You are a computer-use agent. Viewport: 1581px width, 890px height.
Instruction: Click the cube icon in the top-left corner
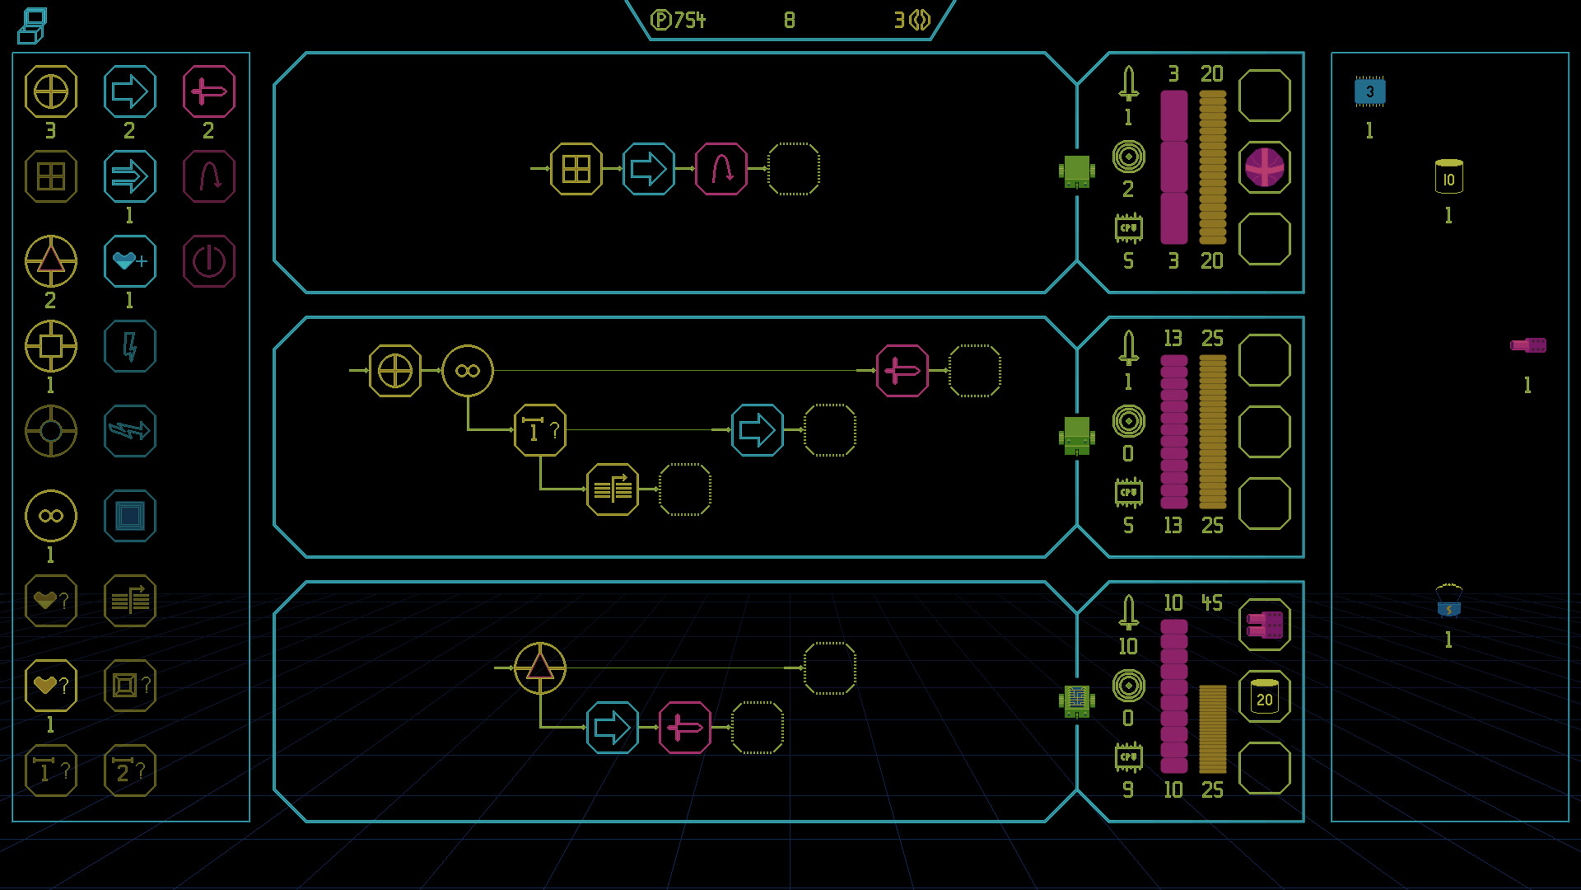(x=32, y=26)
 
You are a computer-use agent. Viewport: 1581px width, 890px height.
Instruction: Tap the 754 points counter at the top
(x=678, y=20)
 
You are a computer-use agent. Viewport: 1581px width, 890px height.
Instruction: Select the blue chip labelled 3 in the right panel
(x=1369, y=91)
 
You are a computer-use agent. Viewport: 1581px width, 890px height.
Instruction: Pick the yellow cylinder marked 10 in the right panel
(x=1448, y=176)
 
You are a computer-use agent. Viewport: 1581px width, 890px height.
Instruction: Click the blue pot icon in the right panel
(x=1448, y=601)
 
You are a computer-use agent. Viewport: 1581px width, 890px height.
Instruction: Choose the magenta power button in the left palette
(x=209, y=261)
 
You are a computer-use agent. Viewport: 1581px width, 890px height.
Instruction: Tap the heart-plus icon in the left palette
(x=130, y=261)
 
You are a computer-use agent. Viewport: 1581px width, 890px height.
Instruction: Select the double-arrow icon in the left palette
(x=130, y=176)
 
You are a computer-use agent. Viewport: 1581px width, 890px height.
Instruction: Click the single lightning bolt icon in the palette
(x=130, y=346)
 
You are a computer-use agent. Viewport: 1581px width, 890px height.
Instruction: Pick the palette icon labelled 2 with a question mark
(x=130, y=771)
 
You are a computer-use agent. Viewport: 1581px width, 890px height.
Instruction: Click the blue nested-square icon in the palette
(x=130, y=516)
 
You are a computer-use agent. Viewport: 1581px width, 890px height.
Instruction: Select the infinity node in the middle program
(x=468, y=371)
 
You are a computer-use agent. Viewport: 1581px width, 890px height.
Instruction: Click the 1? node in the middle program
(x=540, y=430)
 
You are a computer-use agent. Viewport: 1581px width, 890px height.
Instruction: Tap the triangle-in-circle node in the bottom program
(x=540, y=668)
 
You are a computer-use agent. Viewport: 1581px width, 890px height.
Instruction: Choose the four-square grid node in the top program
(x=576, y=169)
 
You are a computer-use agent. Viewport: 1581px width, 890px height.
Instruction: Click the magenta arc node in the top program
(x=721, y=169)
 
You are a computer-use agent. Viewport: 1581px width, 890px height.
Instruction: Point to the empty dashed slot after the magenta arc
(x=794, y=169)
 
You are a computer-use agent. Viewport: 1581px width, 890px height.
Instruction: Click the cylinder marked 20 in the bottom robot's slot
(x=1265, y=697)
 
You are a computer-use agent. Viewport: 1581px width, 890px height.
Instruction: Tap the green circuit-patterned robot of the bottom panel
(x=1077, y=700)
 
